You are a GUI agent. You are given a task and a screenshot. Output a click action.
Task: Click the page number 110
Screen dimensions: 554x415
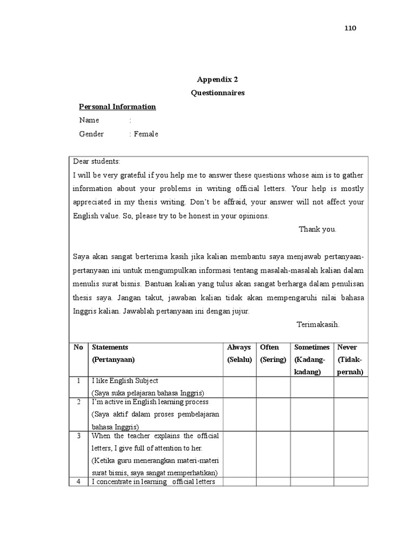350,28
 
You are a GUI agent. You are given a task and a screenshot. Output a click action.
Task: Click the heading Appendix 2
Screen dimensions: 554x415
217,79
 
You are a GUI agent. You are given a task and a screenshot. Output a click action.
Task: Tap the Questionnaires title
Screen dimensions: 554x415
217,93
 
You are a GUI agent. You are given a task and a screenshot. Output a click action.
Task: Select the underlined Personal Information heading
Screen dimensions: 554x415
117,107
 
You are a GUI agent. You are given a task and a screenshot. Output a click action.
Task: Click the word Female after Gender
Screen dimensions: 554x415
146,134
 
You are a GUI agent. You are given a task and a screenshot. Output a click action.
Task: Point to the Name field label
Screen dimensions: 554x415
89,120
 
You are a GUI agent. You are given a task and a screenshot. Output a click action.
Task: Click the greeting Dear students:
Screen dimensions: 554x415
97,162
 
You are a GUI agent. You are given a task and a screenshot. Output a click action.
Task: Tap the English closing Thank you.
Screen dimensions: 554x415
318,229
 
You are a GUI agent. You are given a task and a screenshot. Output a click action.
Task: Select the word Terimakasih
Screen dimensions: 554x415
318,324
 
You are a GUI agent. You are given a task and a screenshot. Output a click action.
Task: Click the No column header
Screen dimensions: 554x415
78,347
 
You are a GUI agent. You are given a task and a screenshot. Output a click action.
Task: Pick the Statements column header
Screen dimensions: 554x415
110,347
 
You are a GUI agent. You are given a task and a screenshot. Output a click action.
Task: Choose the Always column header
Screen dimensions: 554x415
239,347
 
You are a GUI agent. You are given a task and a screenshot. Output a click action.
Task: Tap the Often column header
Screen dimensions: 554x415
269,347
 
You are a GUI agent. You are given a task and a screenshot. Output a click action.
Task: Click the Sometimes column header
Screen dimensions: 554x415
312,347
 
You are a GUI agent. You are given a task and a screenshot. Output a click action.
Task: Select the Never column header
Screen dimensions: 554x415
347,347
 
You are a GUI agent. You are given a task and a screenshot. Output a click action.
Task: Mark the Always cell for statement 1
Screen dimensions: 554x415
239,387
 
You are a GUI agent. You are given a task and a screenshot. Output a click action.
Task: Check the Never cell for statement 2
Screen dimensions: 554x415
350,414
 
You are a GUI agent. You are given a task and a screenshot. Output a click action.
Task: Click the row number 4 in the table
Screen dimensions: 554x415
78,482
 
